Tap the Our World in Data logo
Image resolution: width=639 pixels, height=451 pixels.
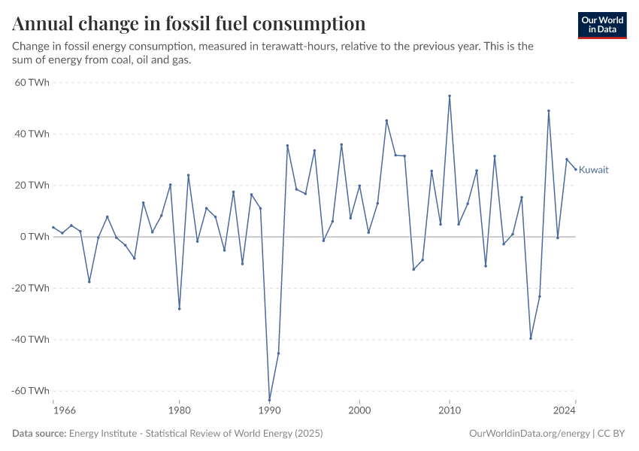(x=602, y=25)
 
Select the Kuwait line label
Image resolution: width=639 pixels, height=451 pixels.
(x=593, y=170)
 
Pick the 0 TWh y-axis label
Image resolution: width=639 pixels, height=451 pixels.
(x=35, y=237)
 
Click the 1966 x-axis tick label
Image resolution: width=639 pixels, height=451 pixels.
(x=53, y=411)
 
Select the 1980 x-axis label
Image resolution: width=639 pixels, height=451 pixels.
(x=179, y=411)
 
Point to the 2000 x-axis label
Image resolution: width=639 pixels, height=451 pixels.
(x=359, y=411)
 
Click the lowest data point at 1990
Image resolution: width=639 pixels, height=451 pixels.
(x=269, y=399)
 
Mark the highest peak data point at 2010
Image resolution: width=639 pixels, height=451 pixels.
(x=450, y=96)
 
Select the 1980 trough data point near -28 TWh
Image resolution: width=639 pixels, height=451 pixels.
(x=179, y=308)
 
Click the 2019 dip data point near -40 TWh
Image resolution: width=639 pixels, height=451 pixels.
(x=531, y=338)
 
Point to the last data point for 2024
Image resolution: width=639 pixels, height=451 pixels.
(x=576, y=169)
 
